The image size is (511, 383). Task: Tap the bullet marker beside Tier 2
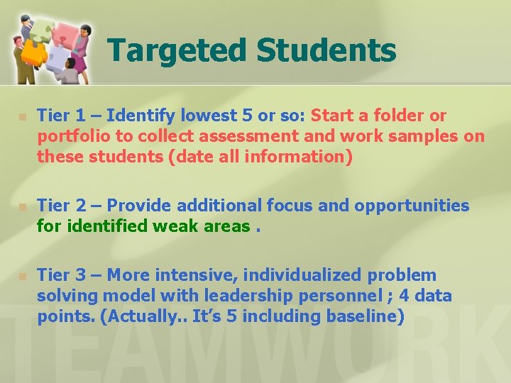tap(22, 206)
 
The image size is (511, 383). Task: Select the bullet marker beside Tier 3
tap(22, 276)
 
